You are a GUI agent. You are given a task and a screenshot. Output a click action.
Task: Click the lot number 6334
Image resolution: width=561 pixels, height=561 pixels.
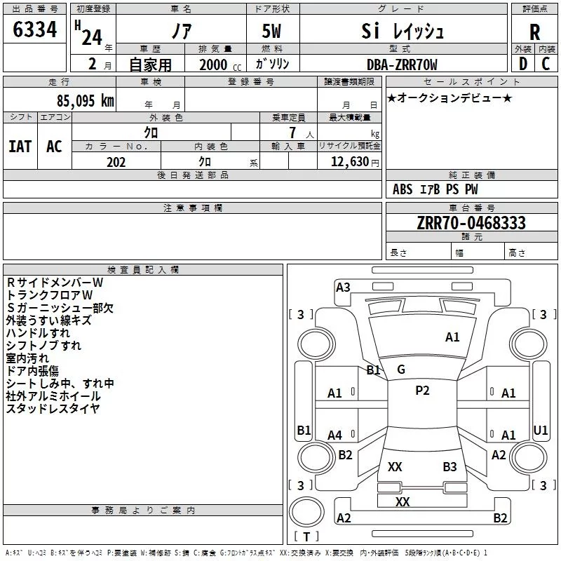click(x=34, y=29)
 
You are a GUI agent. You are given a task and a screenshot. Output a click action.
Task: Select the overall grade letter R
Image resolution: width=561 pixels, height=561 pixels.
click(x=534, y=32)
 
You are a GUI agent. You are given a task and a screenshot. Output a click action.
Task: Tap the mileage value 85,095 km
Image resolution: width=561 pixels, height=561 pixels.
click(x=85, y=100)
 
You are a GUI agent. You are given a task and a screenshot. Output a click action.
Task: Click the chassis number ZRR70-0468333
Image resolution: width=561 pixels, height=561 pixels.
click(x=471, y=222)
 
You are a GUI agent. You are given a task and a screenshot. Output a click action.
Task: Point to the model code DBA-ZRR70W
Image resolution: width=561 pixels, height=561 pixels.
click(x=402, y=65)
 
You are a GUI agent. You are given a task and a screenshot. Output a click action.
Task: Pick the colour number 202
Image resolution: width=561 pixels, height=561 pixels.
click(x=116, y=162)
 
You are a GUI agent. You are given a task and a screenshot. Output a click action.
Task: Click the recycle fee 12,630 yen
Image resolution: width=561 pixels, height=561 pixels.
click(x=355, y=162)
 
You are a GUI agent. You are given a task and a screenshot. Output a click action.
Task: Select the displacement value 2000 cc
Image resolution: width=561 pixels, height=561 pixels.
click(x=220, y=65)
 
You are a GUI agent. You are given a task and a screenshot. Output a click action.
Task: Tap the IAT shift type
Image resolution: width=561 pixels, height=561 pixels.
click(x=20, y=147)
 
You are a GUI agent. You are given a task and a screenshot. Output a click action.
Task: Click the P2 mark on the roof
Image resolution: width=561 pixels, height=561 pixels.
click(x=422, y=390)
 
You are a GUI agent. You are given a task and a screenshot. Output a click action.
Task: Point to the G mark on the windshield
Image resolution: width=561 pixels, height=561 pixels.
click(x=401, y=370)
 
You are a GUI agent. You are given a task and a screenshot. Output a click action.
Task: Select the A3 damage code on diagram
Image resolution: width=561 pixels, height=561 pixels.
click(x=343, y=288)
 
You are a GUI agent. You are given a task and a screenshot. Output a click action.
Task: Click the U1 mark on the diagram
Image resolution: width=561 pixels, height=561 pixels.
click(x=540, y=430)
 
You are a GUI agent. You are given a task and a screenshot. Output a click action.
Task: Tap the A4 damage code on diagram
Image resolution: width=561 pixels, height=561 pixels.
click(x=334, y=435)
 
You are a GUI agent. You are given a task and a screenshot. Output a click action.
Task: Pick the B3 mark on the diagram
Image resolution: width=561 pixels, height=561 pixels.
click(x=450, y=466)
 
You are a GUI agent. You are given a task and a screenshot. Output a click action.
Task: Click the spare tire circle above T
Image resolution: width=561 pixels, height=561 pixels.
click(x=306, y=512)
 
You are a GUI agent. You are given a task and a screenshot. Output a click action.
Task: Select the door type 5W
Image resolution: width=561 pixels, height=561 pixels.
click(x=271, y=31)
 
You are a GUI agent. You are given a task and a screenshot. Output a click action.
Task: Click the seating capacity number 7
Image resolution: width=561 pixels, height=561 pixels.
click(x=292, y=133)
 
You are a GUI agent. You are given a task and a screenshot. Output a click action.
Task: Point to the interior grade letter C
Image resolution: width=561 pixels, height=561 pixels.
click(x=546, y=64)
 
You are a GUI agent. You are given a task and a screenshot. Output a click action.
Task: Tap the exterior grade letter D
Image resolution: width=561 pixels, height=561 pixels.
click(x=523, y=64)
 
